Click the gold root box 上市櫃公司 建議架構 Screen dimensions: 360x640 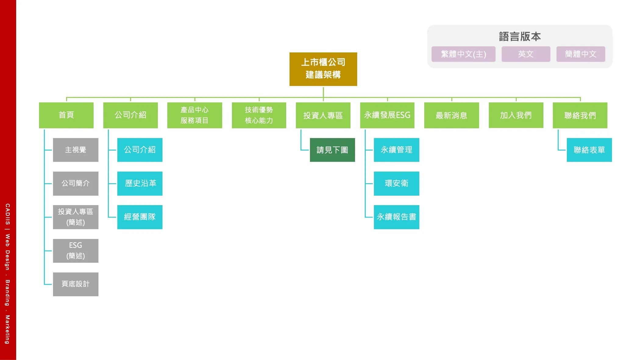[x=323, y=69]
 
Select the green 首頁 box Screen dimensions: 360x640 [x=66, y=115]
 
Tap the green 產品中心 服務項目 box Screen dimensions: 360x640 [x=194, y=115]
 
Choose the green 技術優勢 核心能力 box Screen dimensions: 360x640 [x=259, y=115]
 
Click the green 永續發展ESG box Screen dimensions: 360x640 [x=387, y=115]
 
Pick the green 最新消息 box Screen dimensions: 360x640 [x=451, y=115]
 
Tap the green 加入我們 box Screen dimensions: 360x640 [x=516, y=115]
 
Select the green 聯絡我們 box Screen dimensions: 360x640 [x=580, y=115]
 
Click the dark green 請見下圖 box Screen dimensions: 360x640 [x=332, y=150]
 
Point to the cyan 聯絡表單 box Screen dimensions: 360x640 [x=589, y=150]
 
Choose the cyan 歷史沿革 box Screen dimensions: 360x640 [x=140, y=183]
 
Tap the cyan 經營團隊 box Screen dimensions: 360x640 [x=140, y=217]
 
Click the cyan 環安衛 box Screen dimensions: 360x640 [x=396, y=183]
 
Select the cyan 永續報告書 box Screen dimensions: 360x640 [x=396, y=217]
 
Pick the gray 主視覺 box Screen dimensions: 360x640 [x=76, y=150]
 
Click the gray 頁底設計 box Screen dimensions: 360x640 [x=76, y=284]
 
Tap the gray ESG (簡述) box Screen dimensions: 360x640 [x=76, y=251]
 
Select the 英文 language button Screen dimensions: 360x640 [x=526, y=54]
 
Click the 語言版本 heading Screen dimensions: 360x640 [x=520, y=37]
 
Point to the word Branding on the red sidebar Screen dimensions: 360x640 [x=8, y=293]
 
